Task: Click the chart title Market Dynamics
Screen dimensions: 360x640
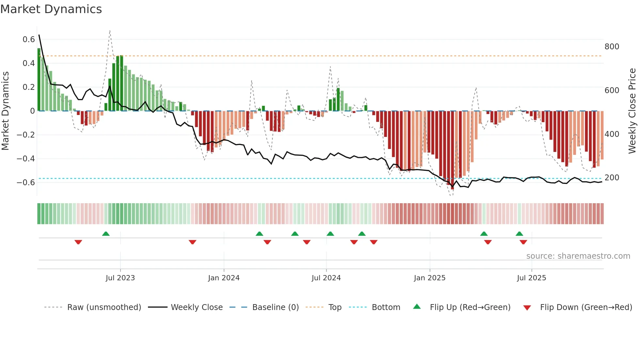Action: tap(51, 9)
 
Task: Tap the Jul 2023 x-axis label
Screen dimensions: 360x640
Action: tap(120, 278)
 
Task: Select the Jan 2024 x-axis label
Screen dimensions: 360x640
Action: tap(224, 278)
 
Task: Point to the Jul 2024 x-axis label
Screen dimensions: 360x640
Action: tap(326, 278)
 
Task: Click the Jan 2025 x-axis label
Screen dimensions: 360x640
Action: tap(429, 278)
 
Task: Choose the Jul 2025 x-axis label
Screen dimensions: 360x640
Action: tap(531, 278)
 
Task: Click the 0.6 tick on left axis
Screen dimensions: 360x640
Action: tap(29, 40)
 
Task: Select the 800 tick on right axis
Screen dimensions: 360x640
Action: tap(612, 47)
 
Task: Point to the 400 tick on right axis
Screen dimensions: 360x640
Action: tap(612, 134)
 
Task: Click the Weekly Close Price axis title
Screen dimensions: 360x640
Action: tap(632, 111)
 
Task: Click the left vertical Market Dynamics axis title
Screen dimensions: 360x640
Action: tap(5, 111)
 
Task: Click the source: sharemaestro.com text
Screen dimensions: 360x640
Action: tap(578, 256)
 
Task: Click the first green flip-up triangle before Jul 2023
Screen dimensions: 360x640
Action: tap(106, 234)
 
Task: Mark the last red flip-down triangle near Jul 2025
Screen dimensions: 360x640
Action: tap(523, 242)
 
